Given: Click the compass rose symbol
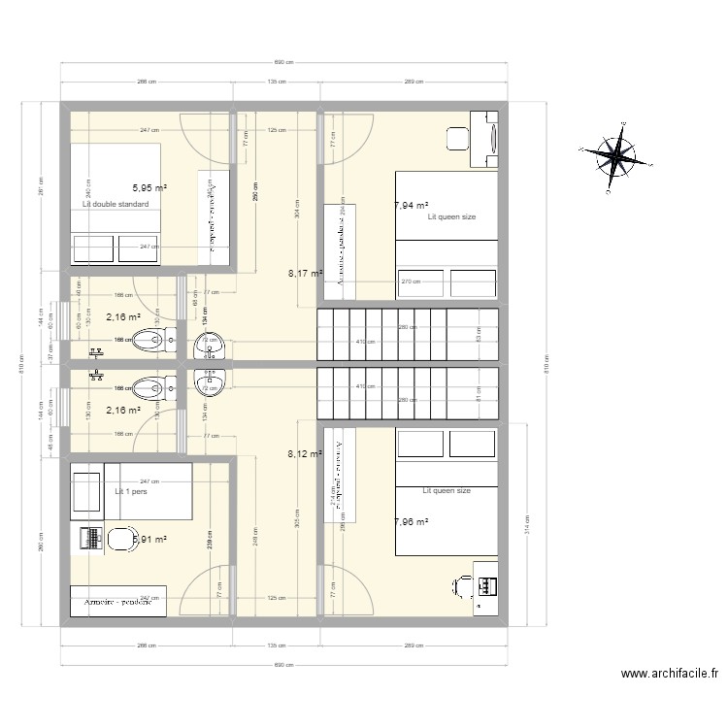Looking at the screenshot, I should pyautogui.click(x=614, y=152).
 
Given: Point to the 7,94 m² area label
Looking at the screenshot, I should pyautogui.click(x=412, y=206).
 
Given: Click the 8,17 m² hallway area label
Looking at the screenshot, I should pyautogui.click(x=304, y=274).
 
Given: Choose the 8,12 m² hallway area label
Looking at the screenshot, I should pyautogui.click(x=304, y=452).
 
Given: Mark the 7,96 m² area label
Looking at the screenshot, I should pyautogui.click(x=412, y=522).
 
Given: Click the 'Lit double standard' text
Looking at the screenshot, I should pyautogui.click(x=116, y=205).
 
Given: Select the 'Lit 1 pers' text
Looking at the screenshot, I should pyautogui.click(x=129, y=492).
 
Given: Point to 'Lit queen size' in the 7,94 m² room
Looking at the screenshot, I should pyautogui.click(x=451, y=217).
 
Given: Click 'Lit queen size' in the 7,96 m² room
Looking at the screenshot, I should pyautogui.click(x=447, y=491).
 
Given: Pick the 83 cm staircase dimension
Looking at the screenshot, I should pyautogui.click(x=479, y=333).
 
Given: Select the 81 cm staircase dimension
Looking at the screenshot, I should pyautogui.click(x=479, y=393).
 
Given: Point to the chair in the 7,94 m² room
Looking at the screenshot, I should pyautogui.click(x=454, y=138).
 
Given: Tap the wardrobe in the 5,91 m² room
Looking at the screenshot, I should pyautogui.click(x=116, y=601).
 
